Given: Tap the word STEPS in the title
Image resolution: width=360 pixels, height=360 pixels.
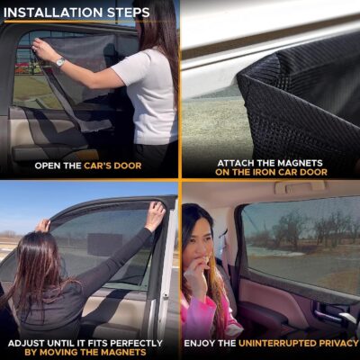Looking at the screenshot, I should (x=128, y=13).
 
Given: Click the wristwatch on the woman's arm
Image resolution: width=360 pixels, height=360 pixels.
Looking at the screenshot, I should (x=60, y=61).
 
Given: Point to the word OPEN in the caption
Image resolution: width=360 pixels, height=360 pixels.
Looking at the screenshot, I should (x=49, y=166).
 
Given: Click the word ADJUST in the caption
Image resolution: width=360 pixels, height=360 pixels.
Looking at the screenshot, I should (x=31, y=342).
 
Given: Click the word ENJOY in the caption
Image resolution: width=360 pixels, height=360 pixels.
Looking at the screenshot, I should (x=202, y=343).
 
